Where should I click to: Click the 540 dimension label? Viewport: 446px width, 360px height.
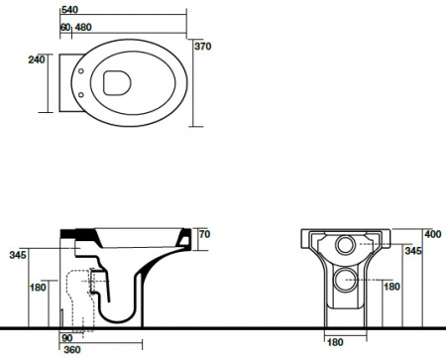click(69, 10)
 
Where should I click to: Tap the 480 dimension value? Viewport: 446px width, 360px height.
click(83, 28)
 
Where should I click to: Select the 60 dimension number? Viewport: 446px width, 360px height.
click(65, 28)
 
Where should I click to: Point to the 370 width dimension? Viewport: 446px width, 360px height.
click(202, 47)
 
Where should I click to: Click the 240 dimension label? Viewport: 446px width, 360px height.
click(37, 60)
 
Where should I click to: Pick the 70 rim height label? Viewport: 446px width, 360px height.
click(204, 234)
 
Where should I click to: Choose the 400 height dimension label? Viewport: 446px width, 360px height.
click(433, 234)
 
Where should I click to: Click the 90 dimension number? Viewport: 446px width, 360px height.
click(67, 338)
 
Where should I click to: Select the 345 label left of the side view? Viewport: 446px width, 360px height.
click(18, 255)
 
